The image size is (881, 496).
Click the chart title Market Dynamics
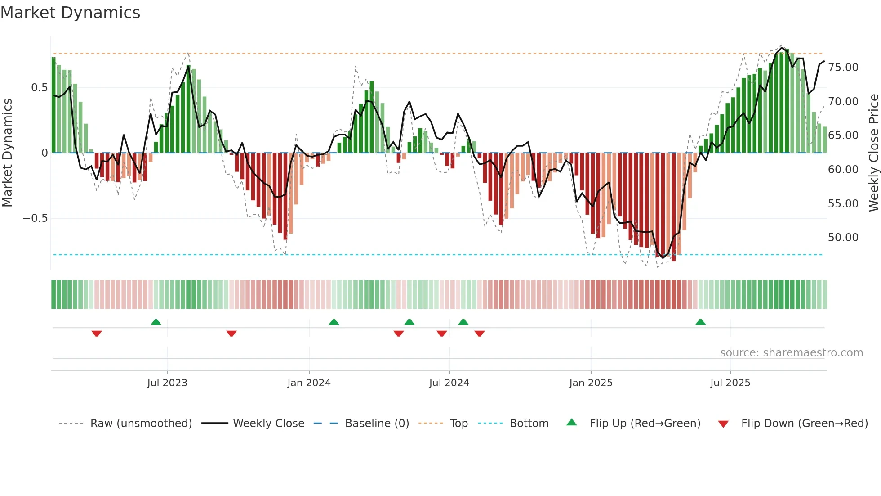tap(71, 13)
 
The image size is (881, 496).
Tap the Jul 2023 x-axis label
tap(167, 383)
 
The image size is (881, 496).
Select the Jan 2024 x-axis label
tap(309, 383)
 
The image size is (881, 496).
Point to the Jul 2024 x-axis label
tap(449, 383)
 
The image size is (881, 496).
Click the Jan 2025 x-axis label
tap(591, 383)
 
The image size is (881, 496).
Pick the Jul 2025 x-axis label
tap(730, 383)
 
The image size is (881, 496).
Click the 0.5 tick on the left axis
tap(39, 88)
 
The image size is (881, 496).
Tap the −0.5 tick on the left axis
tap(35, 218)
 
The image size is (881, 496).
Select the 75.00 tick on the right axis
tap(843, 68)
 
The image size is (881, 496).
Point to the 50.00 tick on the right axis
tap(843, 238)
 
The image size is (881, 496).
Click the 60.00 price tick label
tap(843, 170)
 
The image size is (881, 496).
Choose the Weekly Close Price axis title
tap(873, 153)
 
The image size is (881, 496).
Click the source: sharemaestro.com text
tap(791, 353)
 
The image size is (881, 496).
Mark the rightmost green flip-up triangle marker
tap(700, 322)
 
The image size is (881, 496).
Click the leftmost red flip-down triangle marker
tap(97, 333)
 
